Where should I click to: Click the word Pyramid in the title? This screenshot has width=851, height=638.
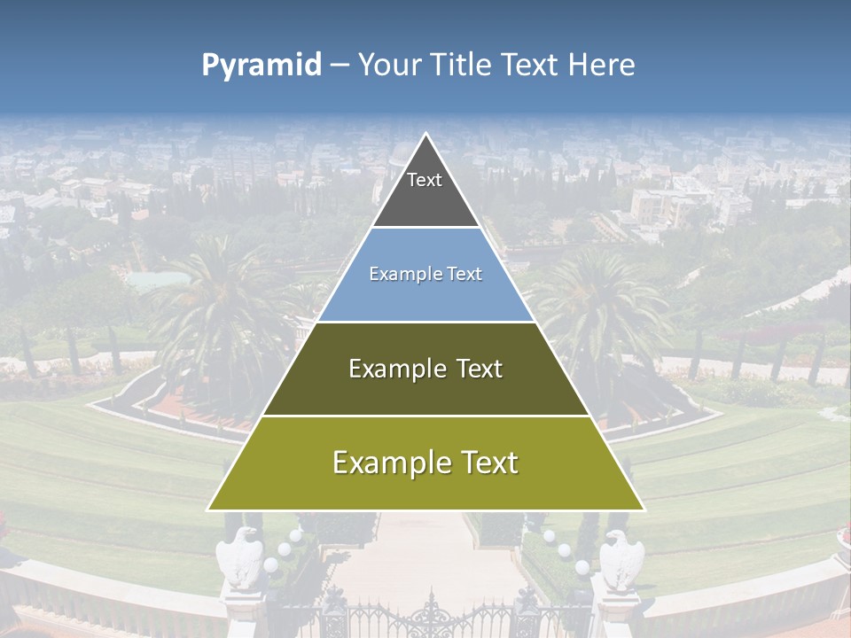261,66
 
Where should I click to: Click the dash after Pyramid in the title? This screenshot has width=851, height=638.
339,66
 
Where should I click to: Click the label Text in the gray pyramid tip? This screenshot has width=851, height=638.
425,180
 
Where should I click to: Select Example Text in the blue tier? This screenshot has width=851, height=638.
425,274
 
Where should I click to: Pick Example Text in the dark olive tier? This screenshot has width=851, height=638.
425,369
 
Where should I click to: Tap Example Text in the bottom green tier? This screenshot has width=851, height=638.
425,463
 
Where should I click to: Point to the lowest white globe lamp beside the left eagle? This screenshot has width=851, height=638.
270,564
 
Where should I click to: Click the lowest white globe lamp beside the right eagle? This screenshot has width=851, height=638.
582,566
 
